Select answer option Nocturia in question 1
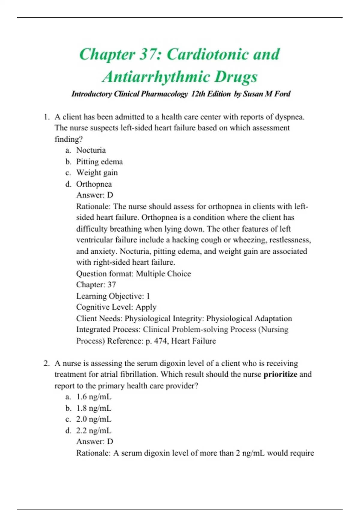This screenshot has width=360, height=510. click(91, 150)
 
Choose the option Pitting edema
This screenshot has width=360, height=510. click(99, 161)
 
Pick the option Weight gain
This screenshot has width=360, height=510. click(97, 172)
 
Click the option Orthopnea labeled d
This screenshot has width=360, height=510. click(94, 184)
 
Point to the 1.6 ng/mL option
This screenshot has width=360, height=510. click(94, 397)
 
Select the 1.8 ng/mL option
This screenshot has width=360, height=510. click(94, 408)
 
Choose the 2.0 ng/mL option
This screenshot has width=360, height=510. click(94, 419)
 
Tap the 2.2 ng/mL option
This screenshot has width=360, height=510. click(94, 430)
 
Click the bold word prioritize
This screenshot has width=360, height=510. click(280, 374)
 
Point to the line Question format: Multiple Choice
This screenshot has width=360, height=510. click(133, 274)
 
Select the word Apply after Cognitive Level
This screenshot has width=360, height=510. click(146, 307)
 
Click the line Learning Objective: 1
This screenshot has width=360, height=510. click(113, 296)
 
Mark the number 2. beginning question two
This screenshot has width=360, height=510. click(46, 363)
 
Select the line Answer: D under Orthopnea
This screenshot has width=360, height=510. click(95, 195)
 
